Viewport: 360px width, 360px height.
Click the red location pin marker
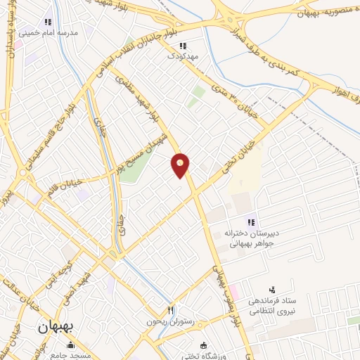click(181, 165)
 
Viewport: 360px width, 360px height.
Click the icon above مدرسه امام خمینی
click(47, 21)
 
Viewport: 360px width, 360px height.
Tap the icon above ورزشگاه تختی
click(203, 345)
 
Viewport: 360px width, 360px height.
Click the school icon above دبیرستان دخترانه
click(251, 223)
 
